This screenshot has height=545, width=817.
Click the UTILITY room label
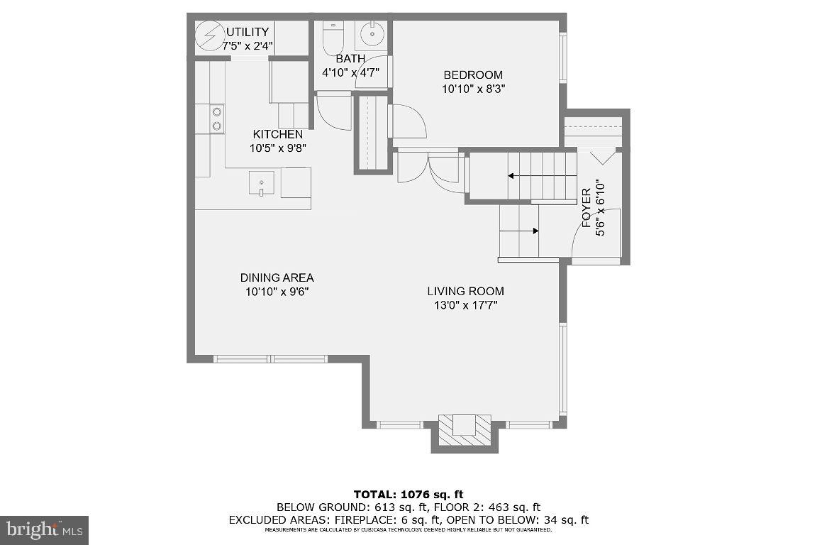(248, 32)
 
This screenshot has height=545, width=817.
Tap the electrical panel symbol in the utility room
(209, 38)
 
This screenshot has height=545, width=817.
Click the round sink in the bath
(371, 33)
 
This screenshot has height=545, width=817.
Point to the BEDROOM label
(473, 75)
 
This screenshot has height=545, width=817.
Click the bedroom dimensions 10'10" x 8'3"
(473, 89)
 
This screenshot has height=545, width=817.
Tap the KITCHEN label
(278, 135)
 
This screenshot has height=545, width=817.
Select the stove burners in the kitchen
(216, 119)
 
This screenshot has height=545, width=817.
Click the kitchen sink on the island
(261, 183)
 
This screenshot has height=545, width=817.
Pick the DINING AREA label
(277, 278)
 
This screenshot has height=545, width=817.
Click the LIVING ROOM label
(465, 291)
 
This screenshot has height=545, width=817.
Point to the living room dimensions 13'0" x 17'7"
(465, 305)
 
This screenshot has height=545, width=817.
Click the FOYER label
(587, 207)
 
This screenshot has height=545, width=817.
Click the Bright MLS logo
(43, 530)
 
